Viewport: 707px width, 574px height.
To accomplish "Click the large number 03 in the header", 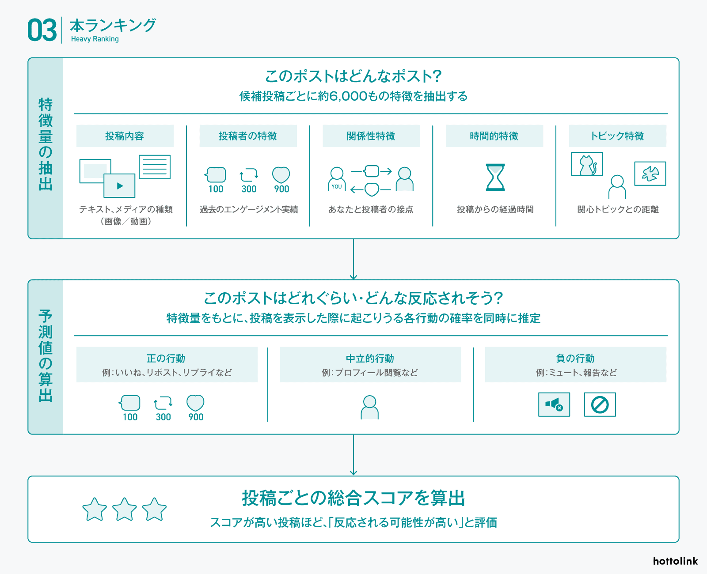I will [x=42, y=30].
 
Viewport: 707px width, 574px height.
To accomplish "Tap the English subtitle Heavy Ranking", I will [x=95, y=39].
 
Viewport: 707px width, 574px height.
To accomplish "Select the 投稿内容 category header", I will [x=125, y=136].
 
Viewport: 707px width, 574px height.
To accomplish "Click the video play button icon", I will [x=120, y=186].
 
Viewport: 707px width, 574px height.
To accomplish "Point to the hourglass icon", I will [x=495, y=177].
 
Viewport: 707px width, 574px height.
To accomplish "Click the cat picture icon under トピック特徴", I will [x=587, y=165].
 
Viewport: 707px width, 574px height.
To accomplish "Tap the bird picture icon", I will [x=650, y=174].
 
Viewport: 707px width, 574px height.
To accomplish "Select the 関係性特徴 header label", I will [x=371, y=136].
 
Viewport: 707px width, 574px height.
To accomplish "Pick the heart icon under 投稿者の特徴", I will [x=281, y=175].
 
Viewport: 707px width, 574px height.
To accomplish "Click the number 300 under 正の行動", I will [x=163, y=417].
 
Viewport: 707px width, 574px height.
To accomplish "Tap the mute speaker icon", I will [x=554, y=404].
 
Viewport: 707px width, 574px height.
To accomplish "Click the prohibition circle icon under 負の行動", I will [x=600, y=404].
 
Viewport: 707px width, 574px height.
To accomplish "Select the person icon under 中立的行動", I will [x=369, y=407].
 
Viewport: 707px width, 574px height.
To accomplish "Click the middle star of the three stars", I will [x=125, y=510].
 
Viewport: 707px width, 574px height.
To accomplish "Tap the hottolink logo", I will [x=675, y=561].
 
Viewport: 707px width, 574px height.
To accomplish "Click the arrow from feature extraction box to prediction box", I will [x=353, y=259].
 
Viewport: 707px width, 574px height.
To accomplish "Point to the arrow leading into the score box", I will [x=353, y=455].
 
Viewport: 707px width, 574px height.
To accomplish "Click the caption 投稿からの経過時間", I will [x=495, y=209].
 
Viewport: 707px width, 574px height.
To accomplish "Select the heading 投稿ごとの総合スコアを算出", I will [x=353, y=498].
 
